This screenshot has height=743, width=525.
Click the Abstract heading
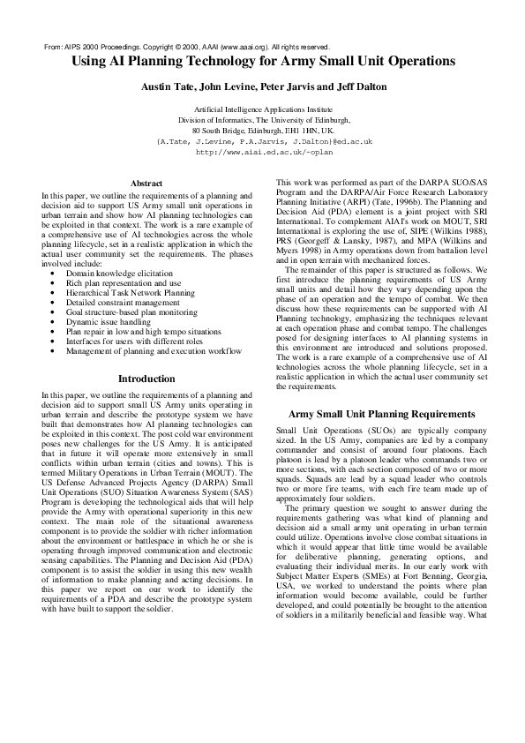click(x=146, y=183)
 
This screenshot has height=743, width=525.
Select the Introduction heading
click(x=146, y=379)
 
